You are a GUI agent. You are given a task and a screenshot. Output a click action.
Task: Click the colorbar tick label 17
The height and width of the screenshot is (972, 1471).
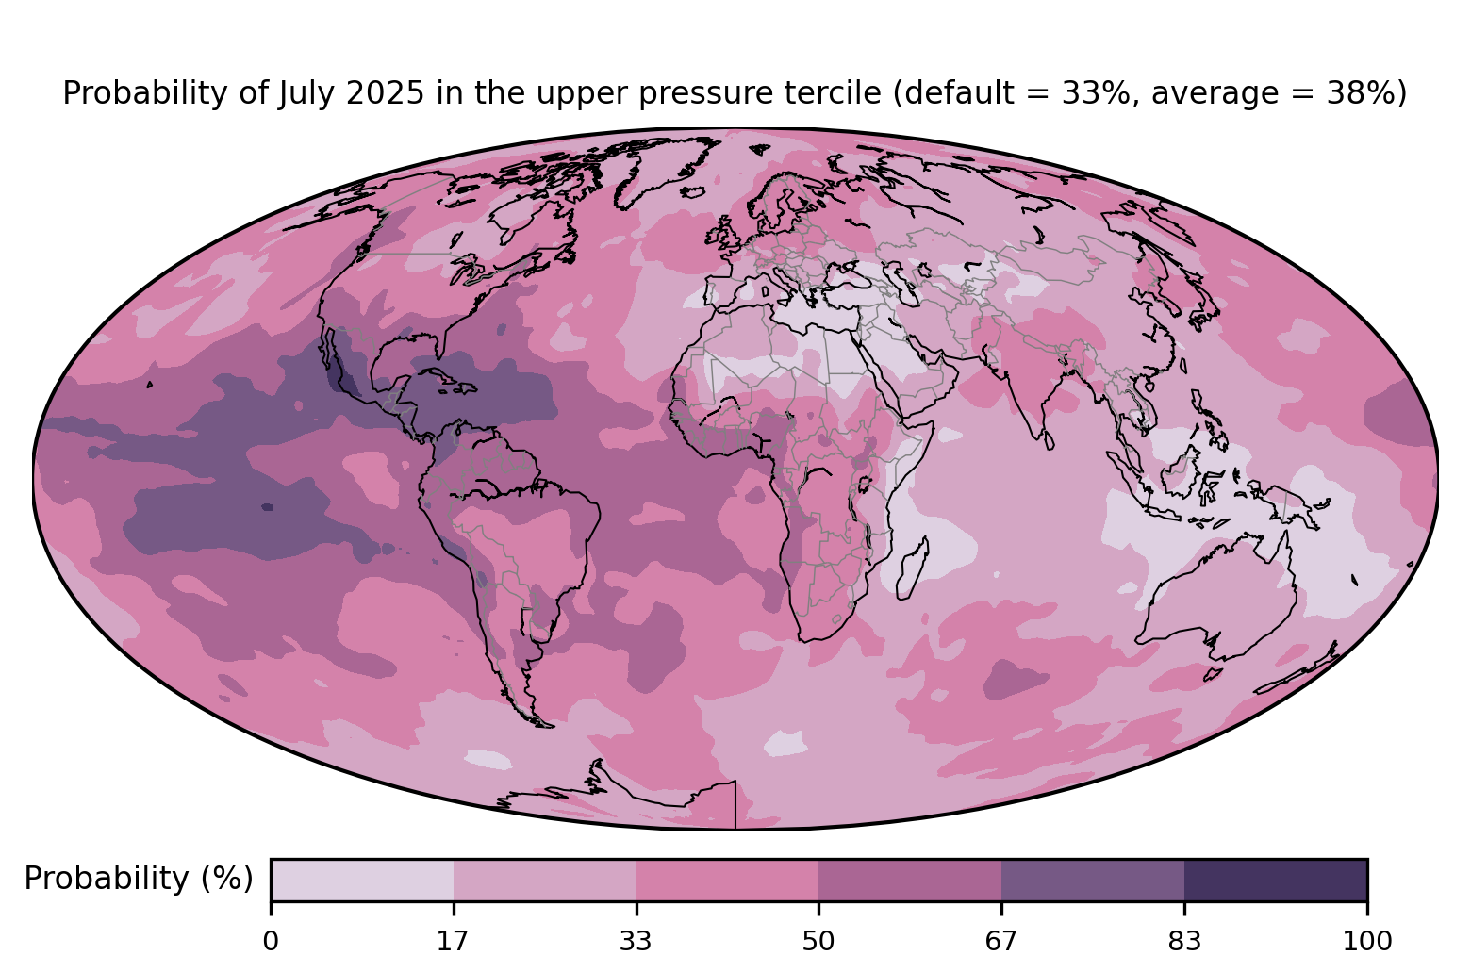coord(453,942)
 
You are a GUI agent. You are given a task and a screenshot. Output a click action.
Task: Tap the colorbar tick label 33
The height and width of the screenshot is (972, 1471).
coord(636,942)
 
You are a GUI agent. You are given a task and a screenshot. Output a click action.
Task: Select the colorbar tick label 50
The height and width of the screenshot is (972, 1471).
coord(818,942)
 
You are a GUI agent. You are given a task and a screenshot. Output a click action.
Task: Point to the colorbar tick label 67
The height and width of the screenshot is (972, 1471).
coord(1000,942)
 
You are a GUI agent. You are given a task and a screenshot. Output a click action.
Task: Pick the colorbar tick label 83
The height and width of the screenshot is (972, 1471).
coord(1184,942)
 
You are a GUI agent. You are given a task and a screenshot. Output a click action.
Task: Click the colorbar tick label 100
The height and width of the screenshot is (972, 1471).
coord(1367,942)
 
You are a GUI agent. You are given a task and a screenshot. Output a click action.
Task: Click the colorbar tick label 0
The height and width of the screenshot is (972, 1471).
coord(271,942)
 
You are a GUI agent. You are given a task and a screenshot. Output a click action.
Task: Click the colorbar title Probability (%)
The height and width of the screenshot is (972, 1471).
coord(139,879)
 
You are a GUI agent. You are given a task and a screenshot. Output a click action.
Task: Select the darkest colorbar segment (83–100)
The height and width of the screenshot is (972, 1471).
coord(1276,880)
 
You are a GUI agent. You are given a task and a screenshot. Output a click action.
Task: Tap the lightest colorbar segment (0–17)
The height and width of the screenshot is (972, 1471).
coord(362,880)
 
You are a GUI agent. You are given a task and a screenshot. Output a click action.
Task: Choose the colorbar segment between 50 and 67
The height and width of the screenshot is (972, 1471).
coord(910,880)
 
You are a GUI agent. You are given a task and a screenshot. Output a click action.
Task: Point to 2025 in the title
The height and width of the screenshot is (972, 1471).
coord(386,93)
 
